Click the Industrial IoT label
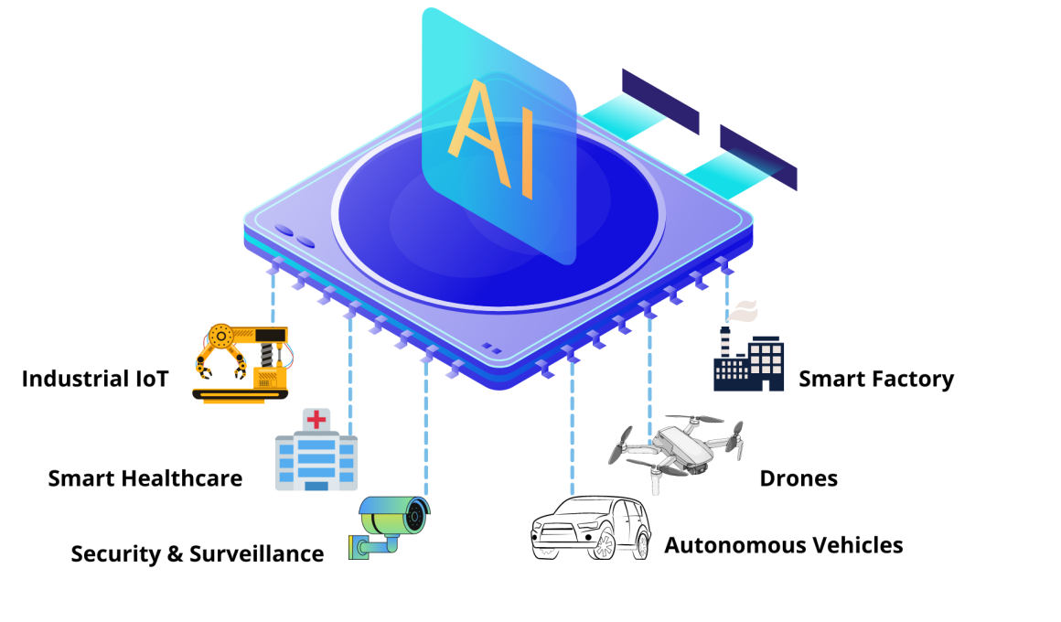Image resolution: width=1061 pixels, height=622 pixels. pyautogui.click(x=95, y=379)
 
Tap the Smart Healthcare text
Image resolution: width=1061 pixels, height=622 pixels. pyautogui.click(x=145, y=478)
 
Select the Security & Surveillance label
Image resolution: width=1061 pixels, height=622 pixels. pyautogui.click(x=198, y=553)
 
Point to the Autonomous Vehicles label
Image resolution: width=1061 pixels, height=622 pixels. pyautogui.click(x=784, y=545)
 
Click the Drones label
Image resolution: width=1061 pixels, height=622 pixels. pyautogui.click(x=798, y=478)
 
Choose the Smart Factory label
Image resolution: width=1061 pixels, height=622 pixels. pyautogui.click(x=876, y=379)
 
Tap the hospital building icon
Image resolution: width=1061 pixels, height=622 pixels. pyautogui.click(x=316, y=449)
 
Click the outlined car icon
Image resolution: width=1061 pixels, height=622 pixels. pyautogui.click(x=590, y=528)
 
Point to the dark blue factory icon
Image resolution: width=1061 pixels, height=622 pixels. pyautogui.click(x=748, y=359)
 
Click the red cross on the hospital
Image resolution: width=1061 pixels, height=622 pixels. pyautogui.click(x=316, y=420)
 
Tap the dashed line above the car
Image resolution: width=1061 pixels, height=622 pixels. pyautogui.click(x=573, y=425)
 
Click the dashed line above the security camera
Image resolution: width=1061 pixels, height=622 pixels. pyautogui.click(x=426, y=424)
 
